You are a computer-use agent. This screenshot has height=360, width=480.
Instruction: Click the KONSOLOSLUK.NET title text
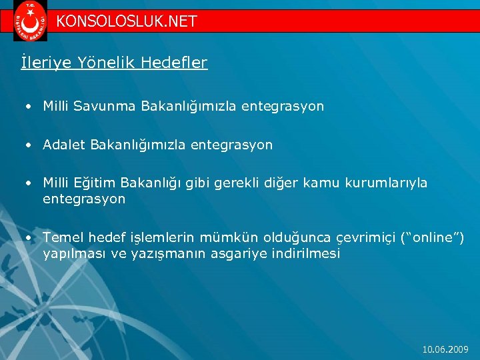coord(127,21)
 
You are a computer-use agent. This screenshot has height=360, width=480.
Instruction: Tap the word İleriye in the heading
coord(41,63)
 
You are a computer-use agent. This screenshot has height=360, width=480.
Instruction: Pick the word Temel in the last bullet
coord(62,238)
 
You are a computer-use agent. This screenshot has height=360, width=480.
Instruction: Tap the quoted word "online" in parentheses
coord(435,238)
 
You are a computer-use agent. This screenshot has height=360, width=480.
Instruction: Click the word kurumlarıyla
coord(386,183)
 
